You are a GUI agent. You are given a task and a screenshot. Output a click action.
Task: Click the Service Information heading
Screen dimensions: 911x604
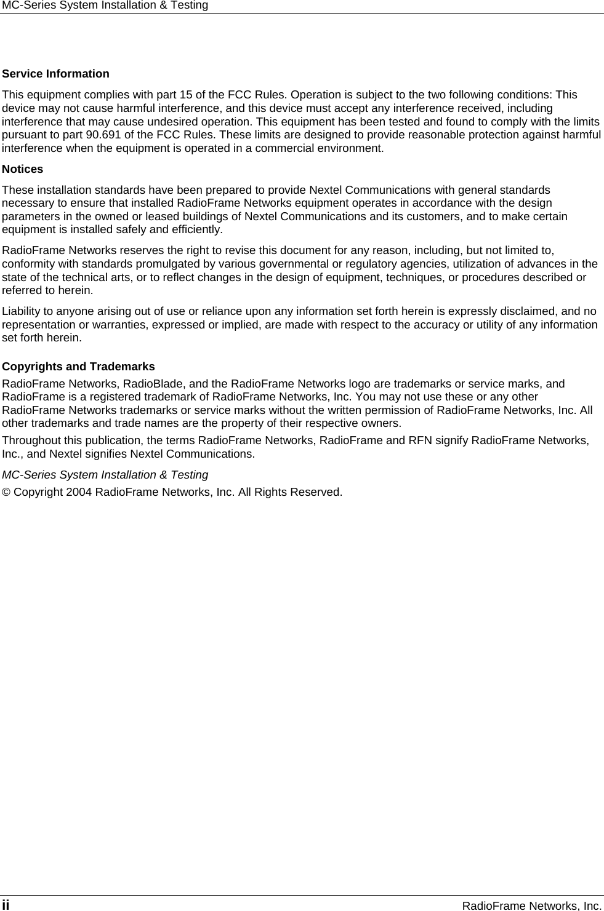point(56,74)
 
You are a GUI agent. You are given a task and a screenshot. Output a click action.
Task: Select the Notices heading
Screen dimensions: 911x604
point(23,169)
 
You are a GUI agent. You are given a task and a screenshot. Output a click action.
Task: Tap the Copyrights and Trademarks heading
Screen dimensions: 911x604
point(79,367)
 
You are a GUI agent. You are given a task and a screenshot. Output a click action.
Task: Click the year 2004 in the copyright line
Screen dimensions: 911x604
point(79,492)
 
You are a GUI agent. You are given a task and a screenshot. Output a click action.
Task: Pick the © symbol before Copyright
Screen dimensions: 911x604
point(6,492)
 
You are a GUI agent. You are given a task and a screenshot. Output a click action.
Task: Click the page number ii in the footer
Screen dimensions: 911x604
point(6,905)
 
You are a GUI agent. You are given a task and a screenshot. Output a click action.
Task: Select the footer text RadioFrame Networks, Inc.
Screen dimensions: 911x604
point(531,905)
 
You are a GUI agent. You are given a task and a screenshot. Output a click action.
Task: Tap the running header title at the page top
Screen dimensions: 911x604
point(105,6)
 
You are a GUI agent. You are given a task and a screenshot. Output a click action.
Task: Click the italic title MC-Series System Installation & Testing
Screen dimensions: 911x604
point(105,475)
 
